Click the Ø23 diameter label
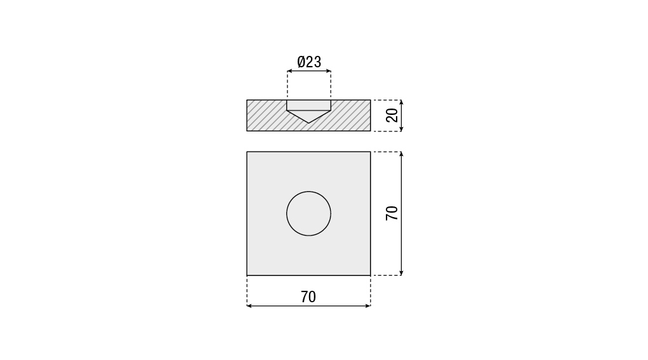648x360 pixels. (309, 62)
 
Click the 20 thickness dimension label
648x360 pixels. (392, 116)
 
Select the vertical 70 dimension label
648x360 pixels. (392, 213)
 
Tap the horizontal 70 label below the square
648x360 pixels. (308, 297)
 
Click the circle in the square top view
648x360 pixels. (308, 191)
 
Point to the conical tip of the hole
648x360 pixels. (308, 123)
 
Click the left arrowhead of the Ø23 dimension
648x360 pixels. (289, 71)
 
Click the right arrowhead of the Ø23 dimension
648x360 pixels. (329, 71)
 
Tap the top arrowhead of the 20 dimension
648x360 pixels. (401, 102)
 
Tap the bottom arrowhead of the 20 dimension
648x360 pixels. (401, 129)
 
